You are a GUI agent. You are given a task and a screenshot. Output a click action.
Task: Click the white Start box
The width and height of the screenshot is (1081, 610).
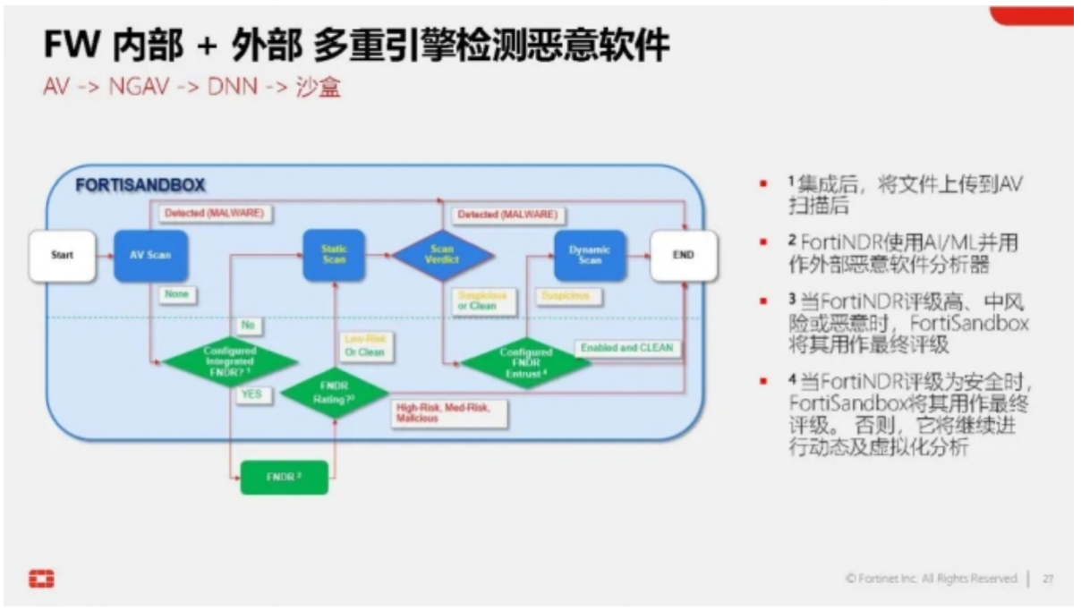62,255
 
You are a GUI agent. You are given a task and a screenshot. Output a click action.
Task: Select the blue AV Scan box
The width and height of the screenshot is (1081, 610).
145,255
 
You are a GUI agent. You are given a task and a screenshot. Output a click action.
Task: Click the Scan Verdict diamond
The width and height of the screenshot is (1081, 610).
443,255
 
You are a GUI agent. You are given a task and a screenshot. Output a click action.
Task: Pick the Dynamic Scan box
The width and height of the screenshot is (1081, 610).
590,254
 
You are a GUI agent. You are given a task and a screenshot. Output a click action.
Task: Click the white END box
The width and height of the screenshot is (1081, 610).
683,255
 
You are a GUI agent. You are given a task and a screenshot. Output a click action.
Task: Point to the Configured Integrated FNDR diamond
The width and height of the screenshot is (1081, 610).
229,362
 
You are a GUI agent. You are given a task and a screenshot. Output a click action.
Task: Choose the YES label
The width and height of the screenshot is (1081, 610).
251,394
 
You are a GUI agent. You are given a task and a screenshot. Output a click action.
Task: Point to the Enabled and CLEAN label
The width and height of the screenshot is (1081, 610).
626,347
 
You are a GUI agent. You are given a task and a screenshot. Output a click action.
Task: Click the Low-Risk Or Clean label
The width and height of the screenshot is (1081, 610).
363,345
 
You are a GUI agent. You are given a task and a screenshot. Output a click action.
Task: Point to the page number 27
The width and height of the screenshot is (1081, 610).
1048,579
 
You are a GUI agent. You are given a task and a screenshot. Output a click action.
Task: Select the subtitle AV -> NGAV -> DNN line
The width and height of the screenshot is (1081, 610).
192,89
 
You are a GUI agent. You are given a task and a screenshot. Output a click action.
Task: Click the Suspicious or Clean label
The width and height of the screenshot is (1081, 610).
483,300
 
